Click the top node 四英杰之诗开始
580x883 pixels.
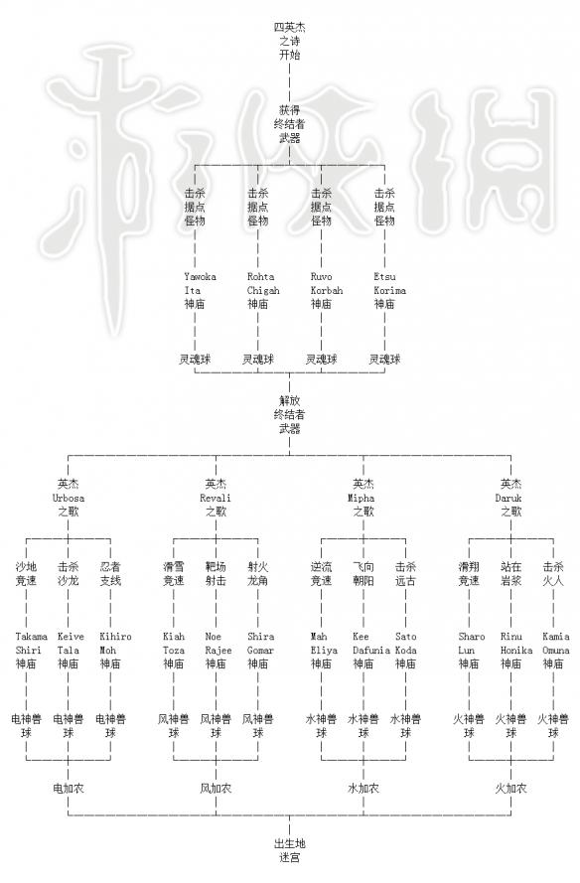pyautogui.click(x=289, y=41)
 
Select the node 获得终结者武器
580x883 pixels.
pyautogui.click(x=289, y=124)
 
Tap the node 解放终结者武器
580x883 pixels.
pyautogui.click(x=289, y=414)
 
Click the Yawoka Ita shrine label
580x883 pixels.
pyautogui.click(x=200, y=290)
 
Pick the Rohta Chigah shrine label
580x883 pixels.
pyautogui.click(x=263, y=290)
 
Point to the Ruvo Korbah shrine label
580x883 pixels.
pyautogui.click(x=327, y=290)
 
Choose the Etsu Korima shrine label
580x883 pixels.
pyautogui.click(x=389, y=290)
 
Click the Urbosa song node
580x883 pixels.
pyautogui.click(x=69, y=498)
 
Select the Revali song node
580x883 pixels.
pyautogui.click(x=216, y=498)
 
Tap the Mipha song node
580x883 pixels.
pyautogui.click(x=363, y=498)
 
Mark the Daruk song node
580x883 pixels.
pyautogui.click(x=510, y=498)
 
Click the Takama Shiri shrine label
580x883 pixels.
pyautogui.click(x=31, y=650)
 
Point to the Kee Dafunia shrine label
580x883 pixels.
pyautogui.click(x=371, y=650)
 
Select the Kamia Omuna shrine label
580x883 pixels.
pyautogui.click(x=556, y=650)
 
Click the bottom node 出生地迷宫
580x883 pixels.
pyautogui.click(x=289, y=850)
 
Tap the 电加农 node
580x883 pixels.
pyautogui.click(x=69, y=789)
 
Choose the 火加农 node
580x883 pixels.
pyautogui.click(x=510, y=789)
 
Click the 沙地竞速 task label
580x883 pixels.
pyautogui.click(x=26, y=573)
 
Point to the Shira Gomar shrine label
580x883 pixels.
pyautogui.click(x=261, y=650)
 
